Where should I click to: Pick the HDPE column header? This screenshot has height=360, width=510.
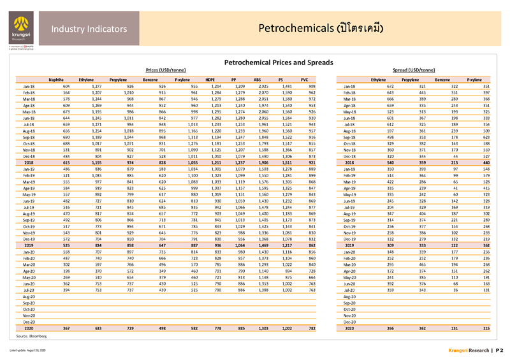[209, 79]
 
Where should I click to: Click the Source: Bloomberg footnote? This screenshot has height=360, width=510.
[28, 335]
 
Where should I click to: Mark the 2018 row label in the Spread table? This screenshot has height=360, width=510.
[351, 162]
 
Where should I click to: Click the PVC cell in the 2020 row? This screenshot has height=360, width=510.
[312, 328]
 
